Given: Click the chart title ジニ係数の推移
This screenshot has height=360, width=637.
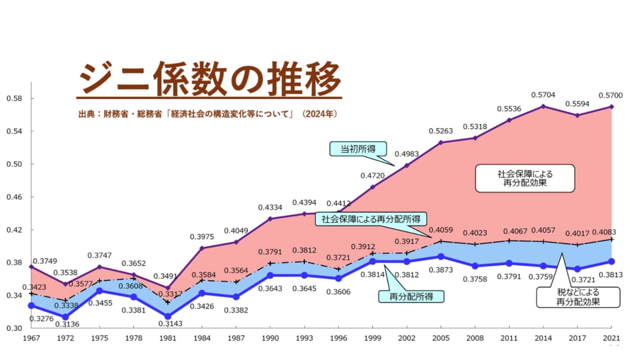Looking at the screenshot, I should tap(209, 79).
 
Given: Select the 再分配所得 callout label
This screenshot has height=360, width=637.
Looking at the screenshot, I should tap(411, 296).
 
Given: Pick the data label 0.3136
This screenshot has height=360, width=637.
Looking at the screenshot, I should tap(68, 325).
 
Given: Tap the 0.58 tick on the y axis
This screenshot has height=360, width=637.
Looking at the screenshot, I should tap(15, 98).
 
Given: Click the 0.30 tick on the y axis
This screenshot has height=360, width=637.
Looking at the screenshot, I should tap(15, 328).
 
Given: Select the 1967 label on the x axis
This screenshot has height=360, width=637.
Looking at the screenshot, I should tap(31, 339).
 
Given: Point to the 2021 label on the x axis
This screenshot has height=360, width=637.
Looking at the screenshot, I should tap(612, 339).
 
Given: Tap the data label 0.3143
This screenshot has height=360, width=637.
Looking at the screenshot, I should tap(170, 324).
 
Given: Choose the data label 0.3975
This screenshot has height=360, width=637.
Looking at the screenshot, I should tap(203, 236).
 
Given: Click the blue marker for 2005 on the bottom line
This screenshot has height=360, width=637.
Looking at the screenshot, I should tap(440, 257).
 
